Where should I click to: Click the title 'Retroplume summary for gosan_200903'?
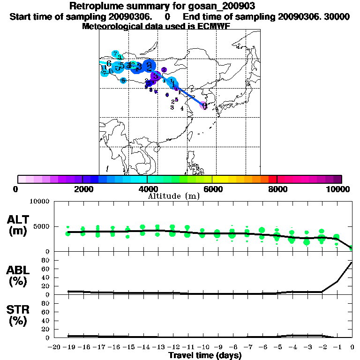[162, 6]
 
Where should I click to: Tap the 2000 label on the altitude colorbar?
[82, 189]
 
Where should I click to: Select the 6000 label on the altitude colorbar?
[212, 189]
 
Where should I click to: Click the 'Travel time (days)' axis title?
[205, 355]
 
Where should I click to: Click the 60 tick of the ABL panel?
[46, 269]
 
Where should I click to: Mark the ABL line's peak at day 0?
[352, 262]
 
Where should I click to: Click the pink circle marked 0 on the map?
[204, 105]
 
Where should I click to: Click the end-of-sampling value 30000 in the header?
[337, 16]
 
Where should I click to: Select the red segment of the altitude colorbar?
[272, 179]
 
